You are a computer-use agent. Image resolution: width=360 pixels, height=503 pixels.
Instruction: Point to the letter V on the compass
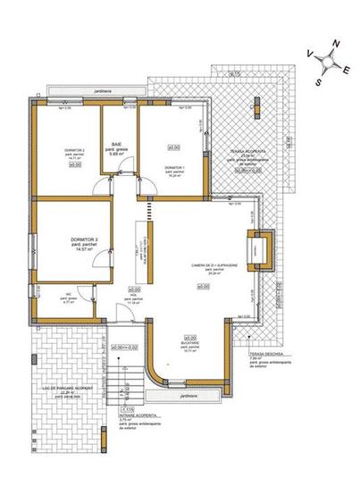(x=309, y=54)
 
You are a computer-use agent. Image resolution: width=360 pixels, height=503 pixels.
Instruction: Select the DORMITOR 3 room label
(x=83, y=241)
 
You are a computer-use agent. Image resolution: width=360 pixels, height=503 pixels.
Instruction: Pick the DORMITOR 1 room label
(x=175, y=167)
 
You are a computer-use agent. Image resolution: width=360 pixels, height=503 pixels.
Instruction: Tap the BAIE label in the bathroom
(x=116, y=143)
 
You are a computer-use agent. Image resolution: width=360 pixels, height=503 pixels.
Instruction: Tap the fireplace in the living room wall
(x=259, y=247)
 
